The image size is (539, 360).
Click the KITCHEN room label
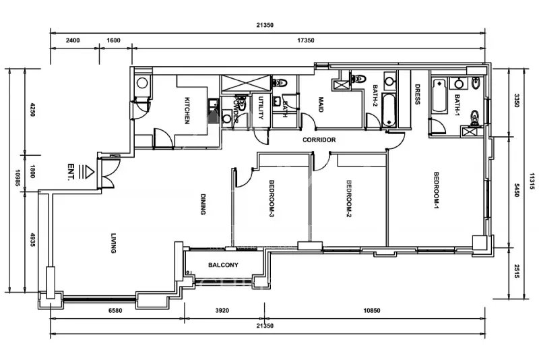[187, 111]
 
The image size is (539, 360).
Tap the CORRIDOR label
[319, 140]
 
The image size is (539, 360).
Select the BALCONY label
[223, 265]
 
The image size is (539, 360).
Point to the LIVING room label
[114, 243]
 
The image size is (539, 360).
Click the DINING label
[202, 204]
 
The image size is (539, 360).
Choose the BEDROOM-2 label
[349, 198]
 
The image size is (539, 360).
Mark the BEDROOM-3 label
[271, 198]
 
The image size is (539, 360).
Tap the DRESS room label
[417, 94]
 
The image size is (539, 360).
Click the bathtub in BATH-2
[389, 111]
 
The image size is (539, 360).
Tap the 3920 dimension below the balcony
[223, 311]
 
